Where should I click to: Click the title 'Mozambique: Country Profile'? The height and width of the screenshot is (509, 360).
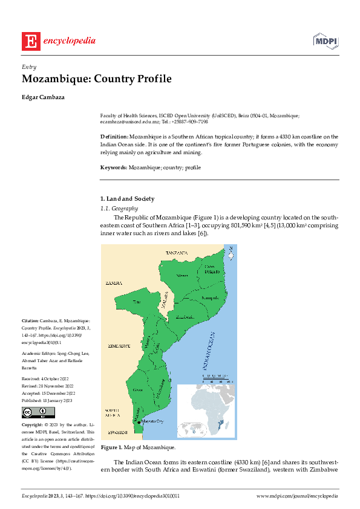coord(97,79)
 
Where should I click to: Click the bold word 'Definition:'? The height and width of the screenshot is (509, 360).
coord(114,137)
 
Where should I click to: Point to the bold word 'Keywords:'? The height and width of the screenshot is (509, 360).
coord(113,167)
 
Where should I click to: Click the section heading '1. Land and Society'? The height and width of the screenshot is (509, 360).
coord(127,198)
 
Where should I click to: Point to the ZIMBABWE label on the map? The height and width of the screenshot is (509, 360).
coord(119,346)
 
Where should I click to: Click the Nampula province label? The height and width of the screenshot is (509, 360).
coord(209,298)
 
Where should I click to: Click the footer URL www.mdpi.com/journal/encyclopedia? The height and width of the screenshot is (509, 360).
coord(297,496)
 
